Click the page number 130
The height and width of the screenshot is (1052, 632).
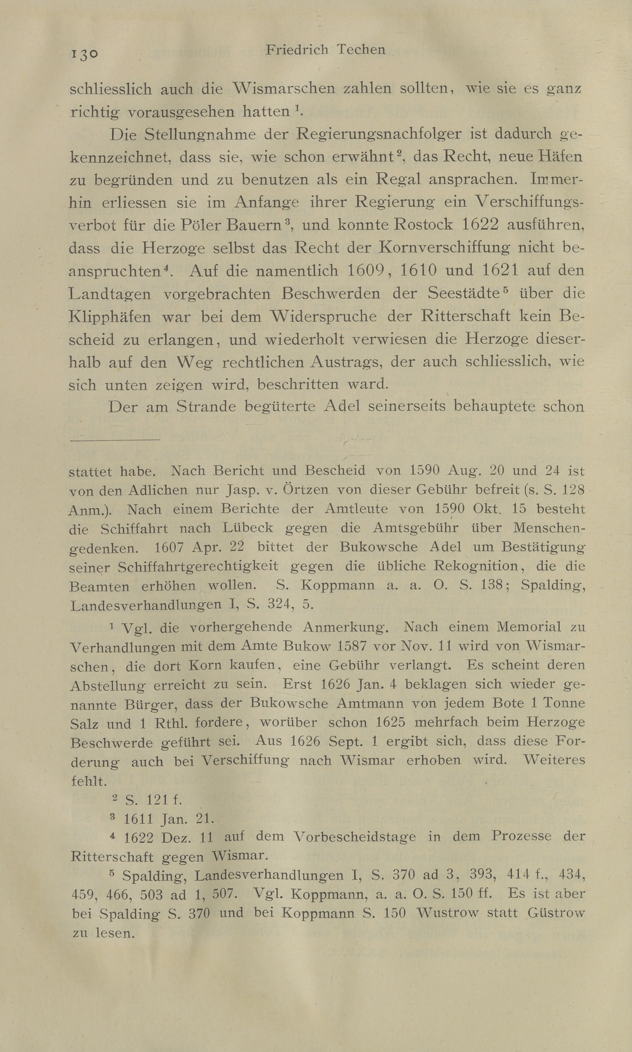[x=85, y=54]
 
